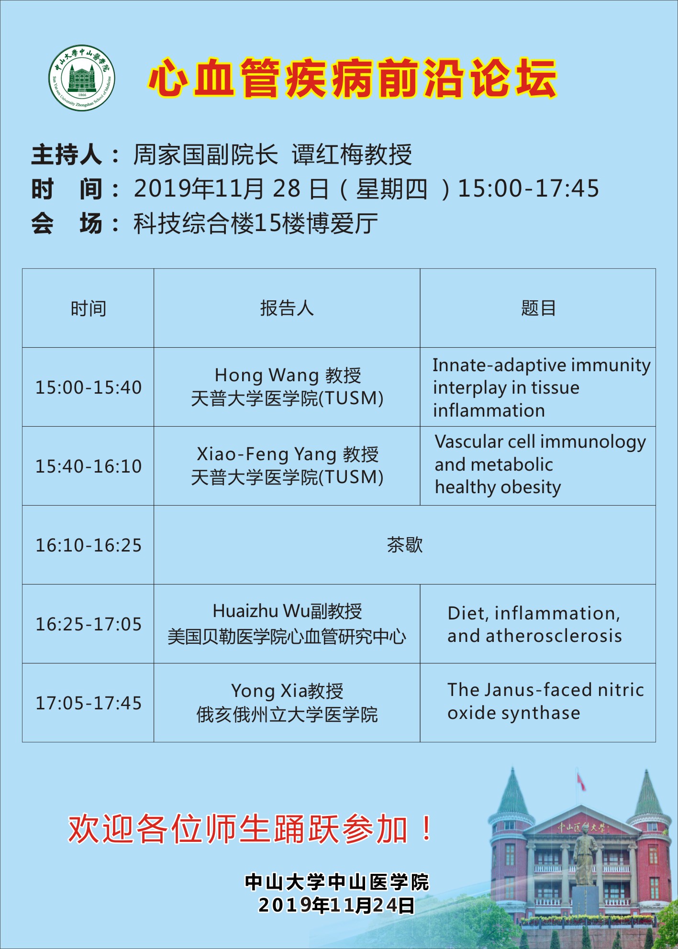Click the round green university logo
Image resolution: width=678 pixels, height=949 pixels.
pyautogui.click(x=82, y=78)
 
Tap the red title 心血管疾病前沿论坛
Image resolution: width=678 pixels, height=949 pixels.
pyautogui.click(x=353, y=78)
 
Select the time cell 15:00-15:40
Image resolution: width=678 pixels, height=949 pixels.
pyautogui.click(x=89, y=387)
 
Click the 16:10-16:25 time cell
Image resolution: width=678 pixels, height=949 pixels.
pyautogui.click(x=89, y=545)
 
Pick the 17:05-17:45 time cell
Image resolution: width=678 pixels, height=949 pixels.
pyautogui.click(x=89, y=703)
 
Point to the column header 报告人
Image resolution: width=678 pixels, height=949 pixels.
pyautogui.click(x=287, y=309)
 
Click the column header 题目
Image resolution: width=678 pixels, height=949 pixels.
pyautogui.click(x=538, y=309)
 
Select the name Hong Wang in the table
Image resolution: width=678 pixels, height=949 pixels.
pyautogui.click(x=267, y=375)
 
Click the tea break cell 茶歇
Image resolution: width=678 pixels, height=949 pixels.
pyautogui.click(x=405, y=545)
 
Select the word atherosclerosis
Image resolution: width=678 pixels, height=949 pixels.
pyautogui.click(x=554, y=636)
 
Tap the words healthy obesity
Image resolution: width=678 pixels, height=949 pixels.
pyautogui.click(x=498, y=487)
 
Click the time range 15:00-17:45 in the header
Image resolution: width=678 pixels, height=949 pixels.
pyautogui.click(x=528, y=188)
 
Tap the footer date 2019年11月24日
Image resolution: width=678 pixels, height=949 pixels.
pyautogui.click(x=336, y=905)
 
